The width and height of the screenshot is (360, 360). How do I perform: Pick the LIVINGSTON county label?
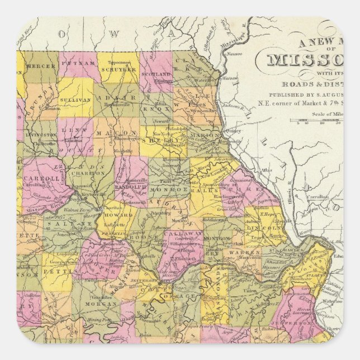41,135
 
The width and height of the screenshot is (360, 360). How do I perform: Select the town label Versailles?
93,298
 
